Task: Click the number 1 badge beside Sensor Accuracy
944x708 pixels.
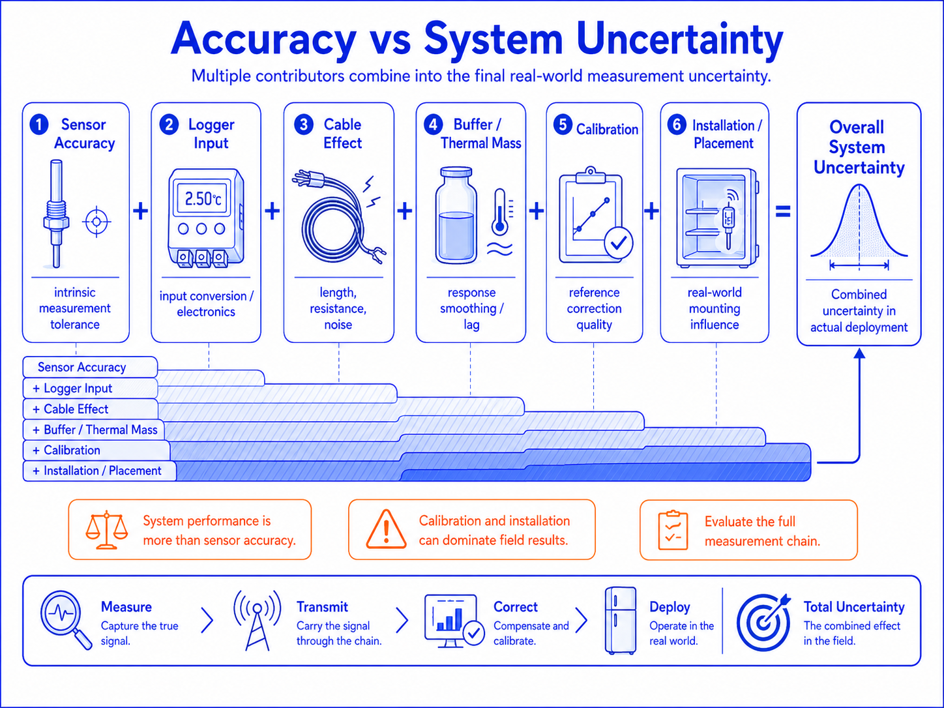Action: coord(38,125)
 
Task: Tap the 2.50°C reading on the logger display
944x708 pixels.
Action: coord(203,199)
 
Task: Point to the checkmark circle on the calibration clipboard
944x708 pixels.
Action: coord(619,243)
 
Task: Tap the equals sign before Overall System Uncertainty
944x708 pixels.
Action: coord(783,211)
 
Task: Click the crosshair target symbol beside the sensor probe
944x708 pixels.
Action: coord(96,222)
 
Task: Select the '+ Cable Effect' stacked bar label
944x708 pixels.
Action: coord(71,409)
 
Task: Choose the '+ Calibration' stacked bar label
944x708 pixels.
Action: coord(66,450)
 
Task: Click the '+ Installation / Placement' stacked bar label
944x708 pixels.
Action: coord(97,471)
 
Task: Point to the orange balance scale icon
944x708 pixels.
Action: coord(107,530)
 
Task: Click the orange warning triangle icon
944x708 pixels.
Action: coord(386,529)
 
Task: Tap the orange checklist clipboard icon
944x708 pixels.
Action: coord(673,530)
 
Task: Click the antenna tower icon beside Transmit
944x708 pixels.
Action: coord(257,620)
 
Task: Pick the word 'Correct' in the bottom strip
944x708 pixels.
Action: coord(515,607)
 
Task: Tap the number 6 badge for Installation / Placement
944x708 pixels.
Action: coord(677,125)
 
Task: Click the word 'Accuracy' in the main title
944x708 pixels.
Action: coord(263,40)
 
